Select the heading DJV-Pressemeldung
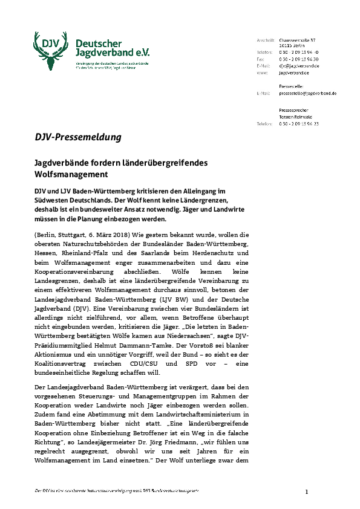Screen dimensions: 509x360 point(77,137)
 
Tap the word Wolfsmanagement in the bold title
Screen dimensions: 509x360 point(70,174)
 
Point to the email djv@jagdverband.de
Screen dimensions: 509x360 point(299,65)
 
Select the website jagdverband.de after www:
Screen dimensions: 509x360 point(295,72)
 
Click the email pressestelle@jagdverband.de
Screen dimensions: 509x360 point(308,94)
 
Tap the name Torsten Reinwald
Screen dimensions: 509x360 point(295,117)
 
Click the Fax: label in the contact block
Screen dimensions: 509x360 point(261,59)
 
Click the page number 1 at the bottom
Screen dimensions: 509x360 point(307,491)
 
